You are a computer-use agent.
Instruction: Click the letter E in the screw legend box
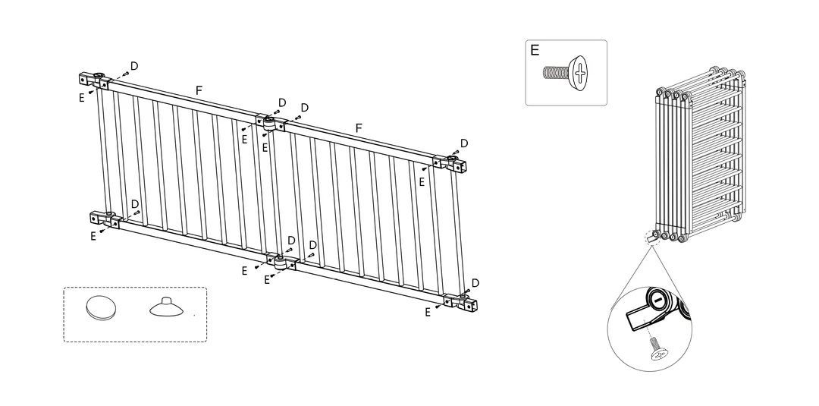pyautogui.click(x=535, y=50)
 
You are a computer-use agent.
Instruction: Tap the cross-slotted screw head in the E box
pyautogui.click(x=578, y=73)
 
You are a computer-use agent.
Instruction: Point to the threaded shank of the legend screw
pyautogui.click(x=557, y=72)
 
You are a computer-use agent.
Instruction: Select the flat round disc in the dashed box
pyautogui.click(x=101, y=308)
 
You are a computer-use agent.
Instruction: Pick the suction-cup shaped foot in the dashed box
pyautogui.click(x=166, y=308)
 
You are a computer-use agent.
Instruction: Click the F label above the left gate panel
pyautogui.click(x=199, y=90)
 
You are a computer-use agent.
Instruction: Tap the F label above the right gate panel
pyautogui.click(x=358, y=128)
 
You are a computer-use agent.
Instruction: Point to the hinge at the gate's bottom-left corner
pyautogui.click(x=105, y=219)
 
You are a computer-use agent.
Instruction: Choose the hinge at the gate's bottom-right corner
pyautogui.click(x=461, y=301)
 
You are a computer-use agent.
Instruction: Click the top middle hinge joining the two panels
pyautogui.click(x=271, y=123)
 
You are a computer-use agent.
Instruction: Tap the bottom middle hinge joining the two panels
pyautogui.click(x=282, y=262)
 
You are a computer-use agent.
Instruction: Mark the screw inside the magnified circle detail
pyautogui.click(x=657, y=348)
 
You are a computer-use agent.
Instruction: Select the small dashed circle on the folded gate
pyautogui.click(x=652, y=238)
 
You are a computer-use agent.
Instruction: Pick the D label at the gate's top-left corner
pyautogui.click(x=134, y=66)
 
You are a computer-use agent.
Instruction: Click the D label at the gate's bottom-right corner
pyautogui.click(x=475, y=283)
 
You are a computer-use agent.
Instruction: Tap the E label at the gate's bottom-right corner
pyautogui.click(x=428, y=313)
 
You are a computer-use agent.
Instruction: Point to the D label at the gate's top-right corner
pyautogui.click(x=464, y=143)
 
